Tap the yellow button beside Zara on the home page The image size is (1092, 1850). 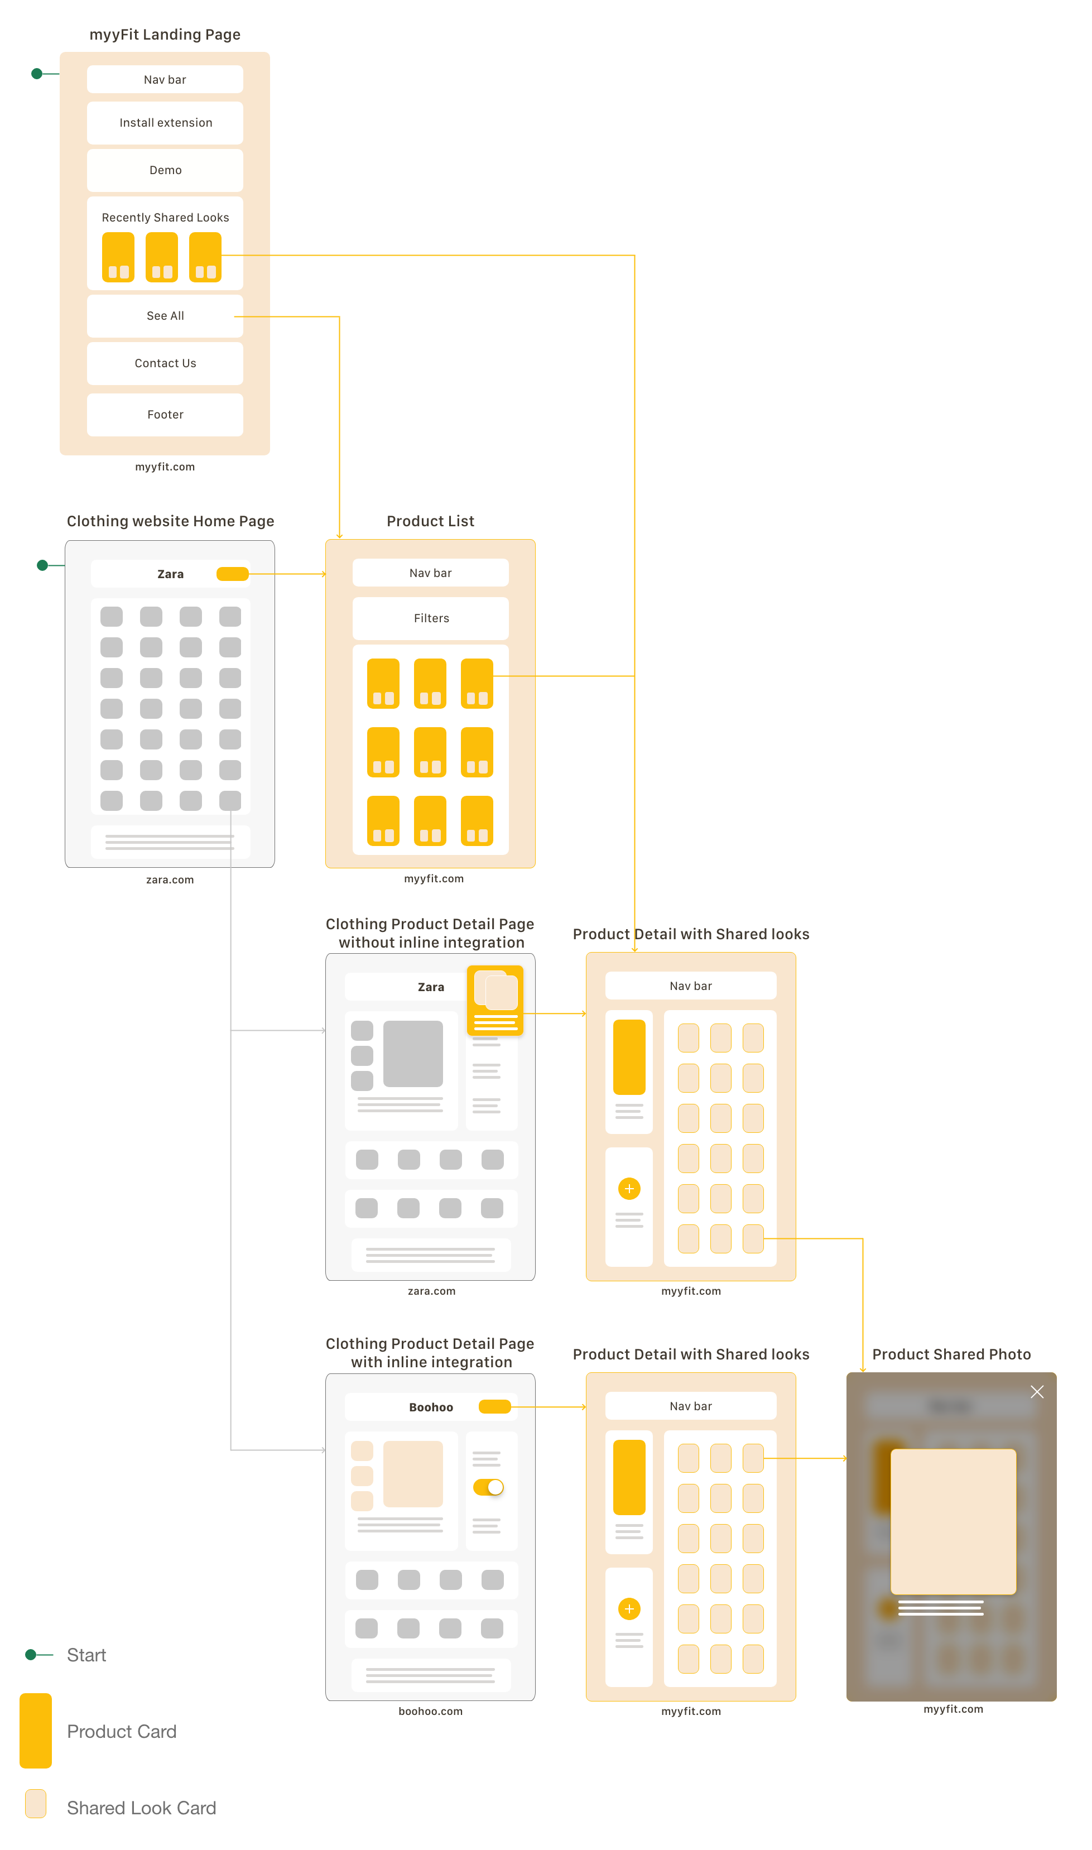coord(233,574)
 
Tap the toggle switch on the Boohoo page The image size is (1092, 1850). coord(489,1487)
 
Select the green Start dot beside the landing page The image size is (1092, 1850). coord(37,74)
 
